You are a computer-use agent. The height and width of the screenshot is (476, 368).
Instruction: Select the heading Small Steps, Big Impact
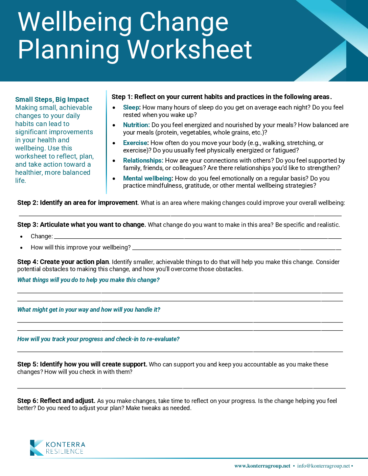pos(52,99)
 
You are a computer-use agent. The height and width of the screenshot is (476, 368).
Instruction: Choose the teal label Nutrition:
pos(136,125)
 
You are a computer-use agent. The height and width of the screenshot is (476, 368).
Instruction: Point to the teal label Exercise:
pos(136,143)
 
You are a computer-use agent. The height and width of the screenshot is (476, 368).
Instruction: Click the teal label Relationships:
pos(143,161)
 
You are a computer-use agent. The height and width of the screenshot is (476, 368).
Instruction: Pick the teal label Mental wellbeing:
pos(148,178)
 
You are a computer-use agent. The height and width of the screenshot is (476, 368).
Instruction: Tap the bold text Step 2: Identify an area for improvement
pos(77,203)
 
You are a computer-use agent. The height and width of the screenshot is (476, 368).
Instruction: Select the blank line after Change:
pos(198,237)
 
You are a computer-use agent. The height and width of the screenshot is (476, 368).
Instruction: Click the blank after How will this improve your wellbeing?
pos(236,248)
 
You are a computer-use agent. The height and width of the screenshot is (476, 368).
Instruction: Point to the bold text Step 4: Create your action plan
pos(63,262)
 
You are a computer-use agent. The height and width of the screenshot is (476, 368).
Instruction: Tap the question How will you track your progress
pos(98,339)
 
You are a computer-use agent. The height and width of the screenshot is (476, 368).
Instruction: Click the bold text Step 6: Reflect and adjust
pos(56,401)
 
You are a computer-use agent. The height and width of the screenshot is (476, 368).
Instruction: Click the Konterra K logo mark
pos(37,448)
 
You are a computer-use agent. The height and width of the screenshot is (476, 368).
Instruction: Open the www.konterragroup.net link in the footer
pos(262,466)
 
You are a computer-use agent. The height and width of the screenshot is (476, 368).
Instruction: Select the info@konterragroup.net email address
pos(323,466)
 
